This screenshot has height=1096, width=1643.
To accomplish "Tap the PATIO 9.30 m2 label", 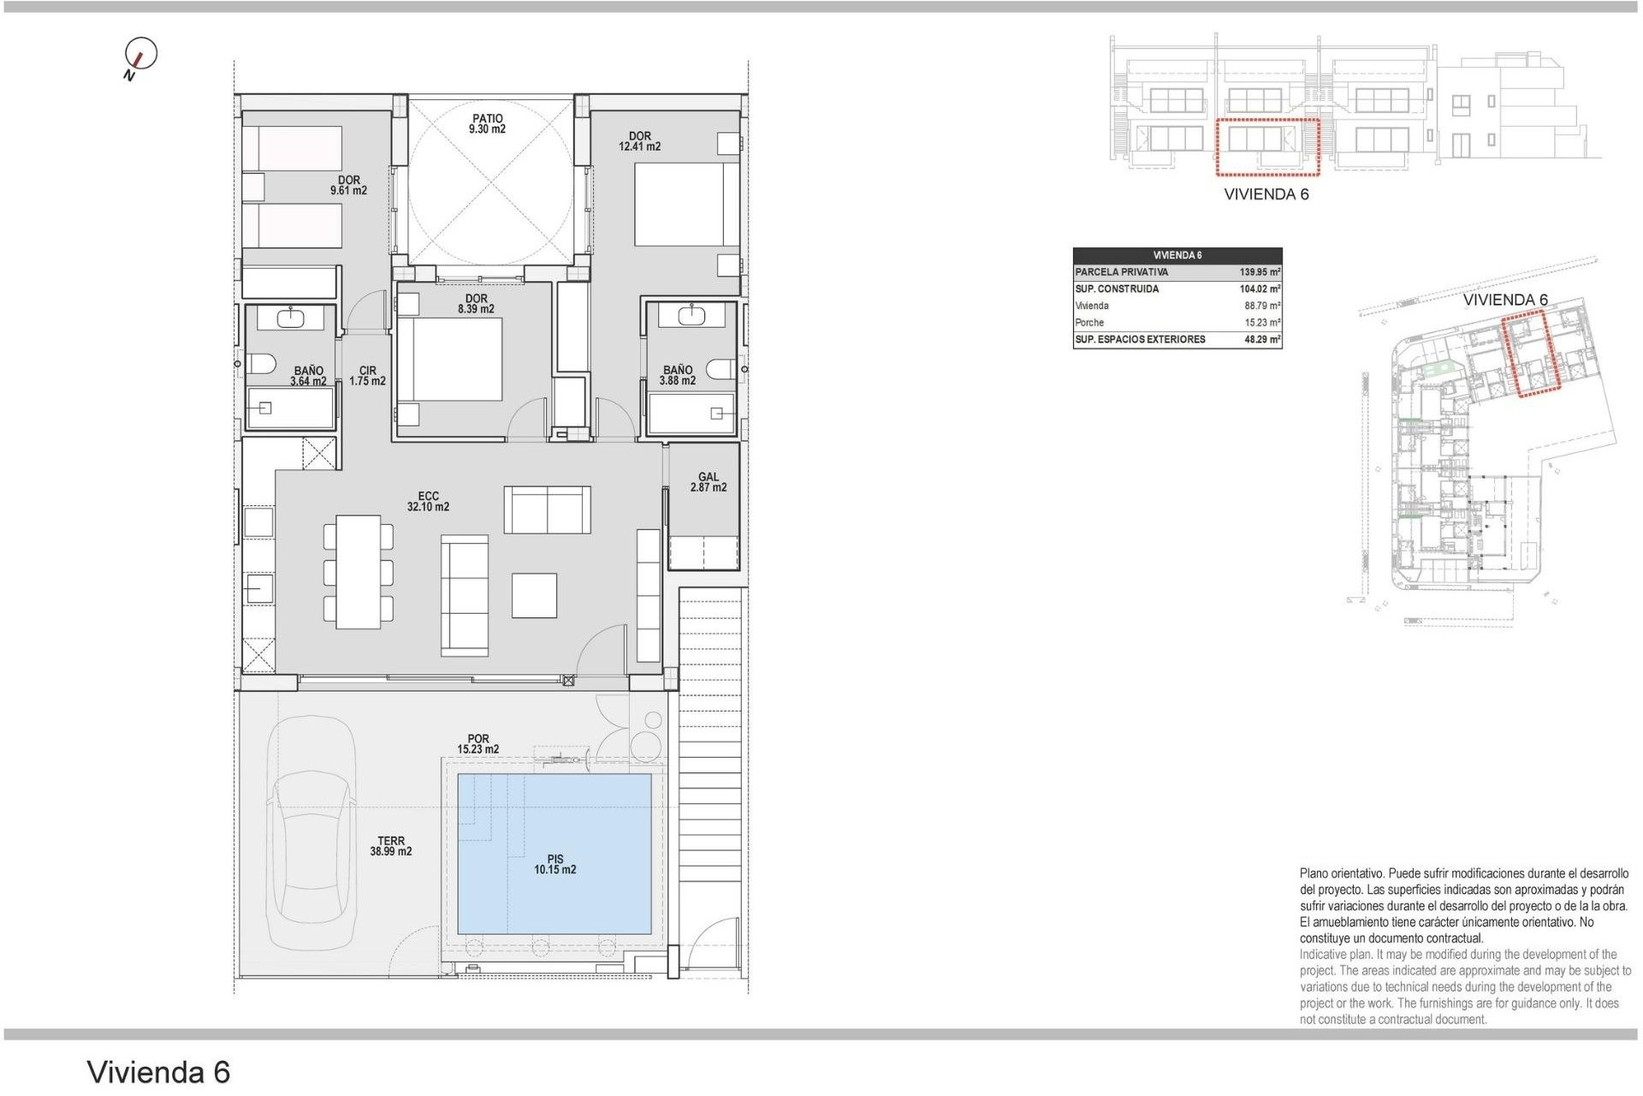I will [487, 124].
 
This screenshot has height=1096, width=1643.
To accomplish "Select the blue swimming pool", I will [555, 853].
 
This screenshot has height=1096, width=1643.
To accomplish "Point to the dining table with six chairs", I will [358, 572].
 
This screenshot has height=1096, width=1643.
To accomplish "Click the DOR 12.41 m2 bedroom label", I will [639, 141].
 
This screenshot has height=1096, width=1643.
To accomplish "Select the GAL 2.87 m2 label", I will [708, 482].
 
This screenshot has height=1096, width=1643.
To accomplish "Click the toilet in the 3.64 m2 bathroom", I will [260, 364].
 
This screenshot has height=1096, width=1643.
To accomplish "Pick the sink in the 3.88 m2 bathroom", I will [691, 316].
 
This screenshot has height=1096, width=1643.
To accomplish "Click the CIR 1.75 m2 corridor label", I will [367, 376].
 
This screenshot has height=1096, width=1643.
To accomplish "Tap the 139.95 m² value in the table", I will [1260, 272].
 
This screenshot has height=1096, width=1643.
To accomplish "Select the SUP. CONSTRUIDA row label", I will [1117, 289].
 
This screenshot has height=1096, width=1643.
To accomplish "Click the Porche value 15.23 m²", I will [1262, 323].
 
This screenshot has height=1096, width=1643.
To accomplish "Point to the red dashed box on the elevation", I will [1267, 147].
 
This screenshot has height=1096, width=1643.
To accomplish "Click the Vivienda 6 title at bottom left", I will [158, 1072].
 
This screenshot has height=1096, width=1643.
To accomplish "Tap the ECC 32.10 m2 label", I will [428, 502].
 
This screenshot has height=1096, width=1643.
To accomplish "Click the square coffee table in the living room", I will [534, 595].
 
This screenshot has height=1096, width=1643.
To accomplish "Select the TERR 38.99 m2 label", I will [391, 846].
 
